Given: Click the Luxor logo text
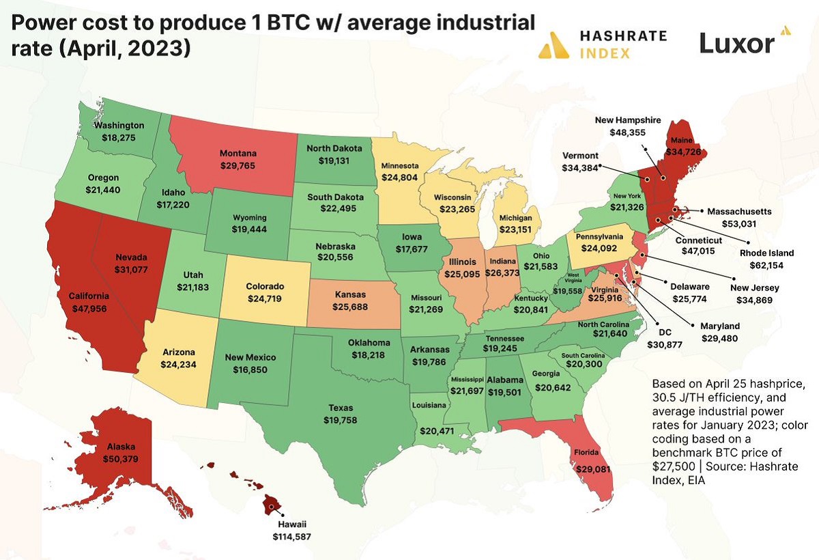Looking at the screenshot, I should tap(737, 44).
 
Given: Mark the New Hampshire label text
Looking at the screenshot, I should tap(628, 120).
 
